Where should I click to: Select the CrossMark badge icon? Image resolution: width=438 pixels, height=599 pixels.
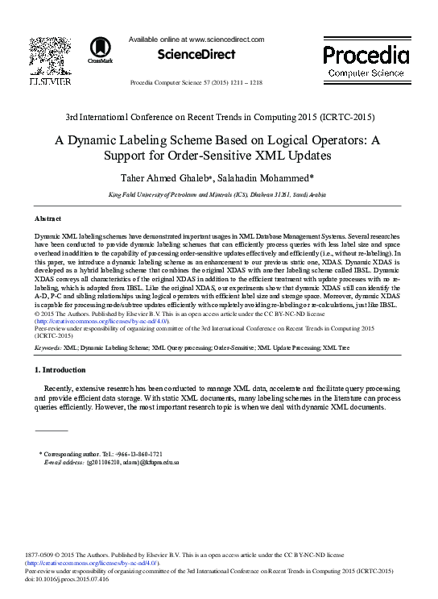(x=101, y=50)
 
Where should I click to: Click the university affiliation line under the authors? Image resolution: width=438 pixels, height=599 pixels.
(x=217, y=195)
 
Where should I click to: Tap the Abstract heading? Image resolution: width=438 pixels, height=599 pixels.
(x=48, y=218)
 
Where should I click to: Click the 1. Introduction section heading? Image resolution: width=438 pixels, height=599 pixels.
(x=60, y=370)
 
